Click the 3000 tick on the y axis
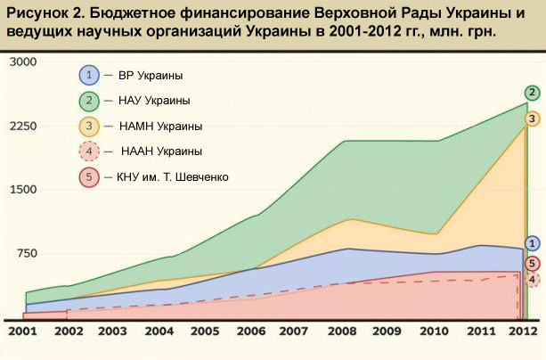(21, 61)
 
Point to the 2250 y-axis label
(21, 126)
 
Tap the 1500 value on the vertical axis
(21, 190)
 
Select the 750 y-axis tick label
(23, 254)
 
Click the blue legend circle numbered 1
(90, 74)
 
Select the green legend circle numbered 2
(90, 100)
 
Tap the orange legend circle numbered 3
(90, 126)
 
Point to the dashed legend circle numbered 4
(90, 151)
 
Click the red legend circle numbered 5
(90, 176)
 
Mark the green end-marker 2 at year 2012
(532, 93)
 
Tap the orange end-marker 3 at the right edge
(532, 119)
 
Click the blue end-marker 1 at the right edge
(532, 243)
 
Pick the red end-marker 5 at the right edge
(532, 263)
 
